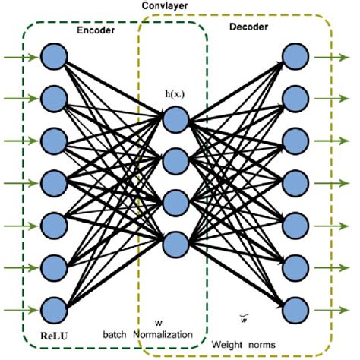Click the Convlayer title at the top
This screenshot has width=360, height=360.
point(166,6)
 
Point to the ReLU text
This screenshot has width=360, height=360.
point(42,333)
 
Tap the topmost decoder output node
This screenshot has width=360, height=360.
point(294,55)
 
